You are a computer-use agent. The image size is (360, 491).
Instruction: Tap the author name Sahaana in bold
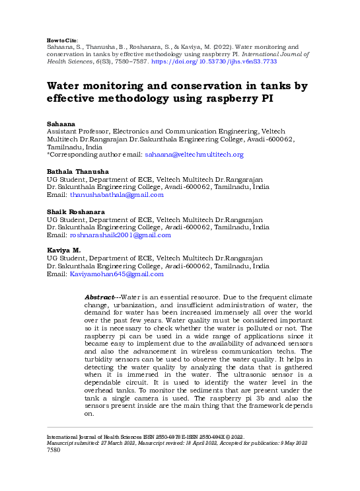click(59, 124)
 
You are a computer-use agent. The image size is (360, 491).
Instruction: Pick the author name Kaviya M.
click(63, 250)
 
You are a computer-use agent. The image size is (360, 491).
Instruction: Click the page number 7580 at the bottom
click(54, 450)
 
